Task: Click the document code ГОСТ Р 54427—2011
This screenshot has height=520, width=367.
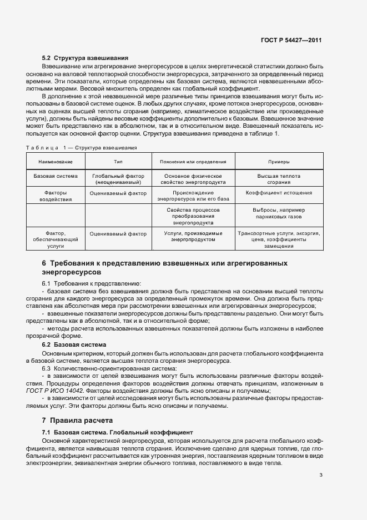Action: (x=293, y=41)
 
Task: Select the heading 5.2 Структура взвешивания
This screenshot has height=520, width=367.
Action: (x=86, y=58)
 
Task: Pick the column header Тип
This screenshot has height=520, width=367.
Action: (x=118, y=162)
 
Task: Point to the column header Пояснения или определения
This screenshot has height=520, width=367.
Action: (x=193, y=162)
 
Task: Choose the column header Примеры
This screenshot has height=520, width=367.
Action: (x=278, y=162)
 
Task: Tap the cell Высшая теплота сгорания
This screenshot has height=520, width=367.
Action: (x=278, y=179)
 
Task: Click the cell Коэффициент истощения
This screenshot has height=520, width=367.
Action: (x=278, y=193)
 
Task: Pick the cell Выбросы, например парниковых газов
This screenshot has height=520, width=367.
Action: (x=278, y=214)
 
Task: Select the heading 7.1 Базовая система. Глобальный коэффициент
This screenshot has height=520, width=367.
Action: (x=117, y=432)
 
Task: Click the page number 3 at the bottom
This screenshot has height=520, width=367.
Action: (x=321, y=474)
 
